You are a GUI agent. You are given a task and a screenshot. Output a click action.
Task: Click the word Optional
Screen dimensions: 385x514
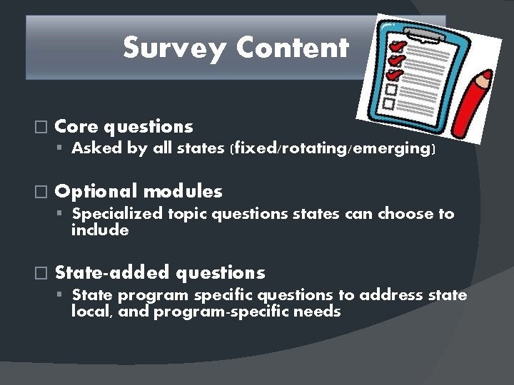coord(96,192)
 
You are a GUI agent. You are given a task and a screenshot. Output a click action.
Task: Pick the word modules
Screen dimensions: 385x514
coord(183,192)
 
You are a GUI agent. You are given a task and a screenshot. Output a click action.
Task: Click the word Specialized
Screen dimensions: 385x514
coord(119,214)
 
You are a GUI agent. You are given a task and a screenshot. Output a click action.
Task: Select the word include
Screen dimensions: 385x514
coord(100,230)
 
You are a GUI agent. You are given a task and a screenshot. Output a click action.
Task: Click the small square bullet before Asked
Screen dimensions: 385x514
coord(63,150)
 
